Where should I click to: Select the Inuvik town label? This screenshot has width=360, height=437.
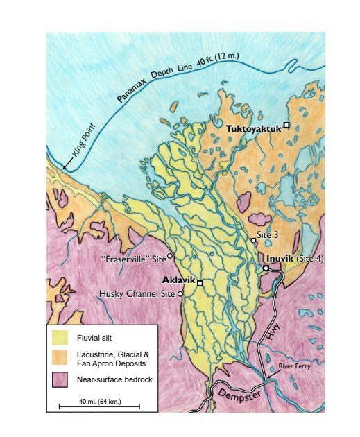click(x=281, y=259)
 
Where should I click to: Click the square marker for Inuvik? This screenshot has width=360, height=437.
click(x=266, y=268)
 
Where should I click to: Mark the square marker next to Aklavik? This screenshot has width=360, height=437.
click(x=200, y=283)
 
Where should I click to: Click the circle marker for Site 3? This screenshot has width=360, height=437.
click(x=253, y=241)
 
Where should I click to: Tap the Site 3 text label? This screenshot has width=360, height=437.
click(x=268, y=235)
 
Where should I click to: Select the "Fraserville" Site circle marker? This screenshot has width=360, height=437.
click(x=170, y=256)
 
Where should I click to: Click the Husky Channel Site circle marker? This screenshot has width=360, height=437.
click(x=180, y=294)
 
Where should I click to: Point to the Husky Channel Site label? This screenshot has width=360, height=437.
click(x=138, y=293)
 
